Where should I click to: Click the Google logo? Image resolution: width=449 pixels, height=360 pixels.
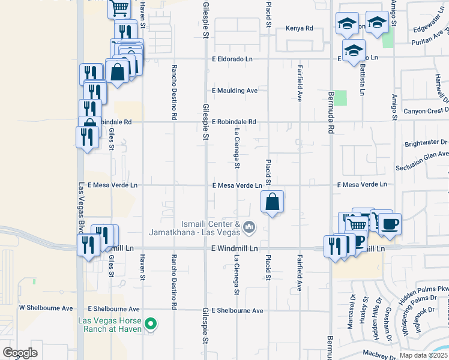tap(20, 353)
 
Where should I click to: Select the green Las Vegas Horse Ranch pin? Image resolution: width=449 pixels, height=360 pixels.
tap(152, 325)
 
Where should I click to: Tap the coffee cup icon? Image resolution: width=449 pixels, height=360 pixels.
tap(390, 224)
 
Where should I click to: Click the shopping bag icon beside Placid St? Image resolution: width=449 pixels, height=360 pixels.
tap(273, 202)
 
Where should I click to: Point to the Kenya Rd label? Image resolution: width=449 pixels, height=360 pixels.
tap(300, 28)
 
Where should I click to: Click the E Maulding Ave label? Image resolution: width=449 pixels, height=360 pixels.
tap(235, 91)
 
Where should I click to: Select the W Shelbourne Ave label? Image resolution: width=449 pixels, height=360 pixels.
tap(46, 308)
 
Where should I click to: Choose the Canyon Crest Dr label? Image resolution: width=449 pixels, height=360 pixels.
tap(426, 110)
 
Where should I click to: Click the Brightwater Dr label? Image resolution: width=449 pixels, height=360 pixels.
tap(426, 143)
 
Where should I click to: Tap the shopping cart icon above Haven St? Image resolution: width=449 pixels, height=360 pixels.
tap(119, 8)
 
